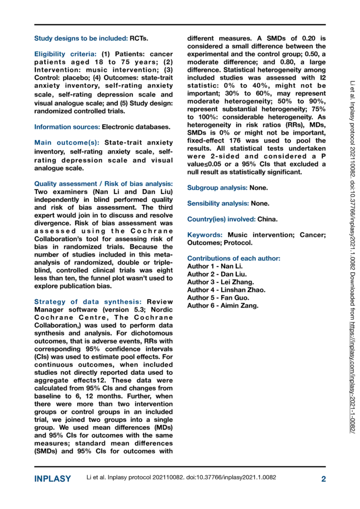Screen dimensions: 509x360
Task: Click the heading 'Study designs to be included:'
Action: click(81, 38)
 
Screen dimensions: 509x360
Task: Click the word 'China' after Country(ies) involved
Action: click(268, 219)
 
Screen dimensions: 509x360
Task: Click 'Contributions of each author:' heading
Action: click(233, 258)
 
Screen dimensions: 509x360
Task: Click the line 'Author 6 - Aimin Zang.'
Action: click(223, 306)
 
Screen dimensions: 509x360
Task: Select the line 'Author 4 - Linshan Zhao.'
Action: click(226, 290)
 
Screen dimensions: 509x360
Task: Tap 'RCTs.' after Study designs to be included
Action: click(139, 38)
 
